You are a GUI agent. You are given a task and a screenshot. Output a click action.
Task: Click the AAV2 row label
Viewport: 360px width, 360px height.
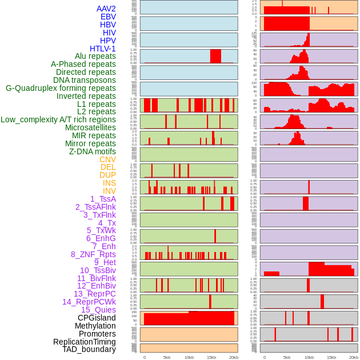(x=106, y=9)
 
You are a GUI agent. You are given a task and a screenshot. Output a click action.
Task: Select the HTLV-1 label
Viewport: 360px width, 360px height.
(x=102, y=49)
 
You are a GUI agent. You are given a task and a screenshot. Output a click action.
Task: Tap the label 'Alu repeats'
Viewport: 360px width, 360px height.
(x=95, y=56)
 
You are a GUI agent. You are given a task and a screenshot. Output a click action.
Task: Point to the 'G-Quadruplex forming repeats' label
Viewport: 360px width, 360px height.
(x=61, y=88)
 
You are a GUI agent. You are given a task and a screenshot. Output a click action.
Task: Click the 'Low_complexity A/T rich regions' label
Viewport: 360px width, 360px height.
(x=58, y=119)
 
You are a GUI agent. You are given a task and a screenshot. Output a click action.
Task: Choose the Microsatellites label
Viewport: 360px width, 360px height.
(x=90, y=127)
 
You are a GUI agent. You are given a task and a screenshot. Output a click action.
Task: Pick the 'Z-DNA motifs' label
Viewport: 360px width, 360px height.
(x=92, y=151)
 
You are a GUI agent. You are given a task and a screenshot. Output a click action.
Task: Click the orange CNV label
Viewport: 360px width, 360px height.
(x=107, y=159)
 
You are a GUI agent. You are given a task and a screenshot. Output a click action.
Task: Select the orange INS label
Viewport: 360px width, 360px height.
(x=109, y=183)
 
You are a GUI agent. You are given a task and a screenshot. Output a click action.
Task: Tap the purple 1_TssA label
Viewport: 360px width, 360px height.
(x=103, y=199)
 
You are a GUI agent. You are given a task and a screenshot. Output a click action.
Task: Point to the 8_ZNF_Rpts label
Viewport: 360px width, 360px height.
(x=93, y=254)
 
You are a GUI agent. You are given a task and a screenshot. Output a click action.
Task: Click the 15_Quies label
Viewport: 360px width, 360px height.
(x=98, y=310)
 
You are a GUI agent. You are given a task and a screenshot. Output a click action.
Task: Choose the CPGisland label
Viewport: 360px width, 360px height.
(x=97, y=318)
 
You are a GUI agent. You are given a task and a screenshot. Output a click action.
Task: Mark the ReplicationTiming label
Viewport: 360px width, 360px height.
(x=85, y=342)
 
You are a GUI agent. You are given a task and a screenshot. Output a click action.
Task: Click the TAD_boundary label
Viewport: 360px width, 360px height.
(x=89, y=349)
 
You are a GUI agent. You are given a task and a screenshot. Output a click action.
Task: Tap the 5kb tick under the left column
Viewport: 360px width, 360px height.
(x=167, y=357)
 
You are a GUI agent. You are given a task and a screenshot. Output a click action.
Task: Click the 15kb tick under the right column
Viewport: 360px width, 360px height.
(x=331, y=357)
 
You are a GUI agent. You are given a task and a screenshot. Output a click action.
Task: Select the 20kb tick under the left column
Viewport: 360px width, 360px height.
(x=234, y=357)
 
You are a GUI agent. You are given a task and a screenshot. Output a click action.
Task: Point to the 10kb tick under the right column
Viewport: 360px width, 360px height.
(x=309, y=357)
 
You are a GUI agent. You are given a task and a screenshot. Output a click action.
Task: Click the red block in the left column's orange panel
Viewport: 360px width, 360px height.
(x=189, y=318)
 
